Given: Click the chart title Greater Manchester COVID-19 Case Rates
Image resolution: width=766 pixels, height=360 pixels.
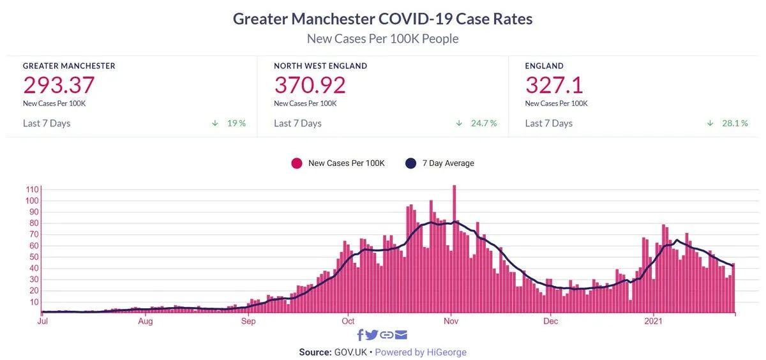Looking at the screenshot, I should click(x=382, y=19).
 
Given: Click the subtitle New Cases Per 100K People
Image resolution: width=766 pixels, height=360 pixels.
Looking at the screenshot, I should click(x=382, y=39).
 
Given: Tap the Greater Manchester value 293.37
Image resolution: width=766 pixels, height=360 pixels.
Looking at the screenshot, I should click(x=59, y=85).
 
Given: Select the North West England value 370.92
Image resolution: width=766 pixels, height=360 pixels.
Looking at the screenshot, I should click(x=310, y=85).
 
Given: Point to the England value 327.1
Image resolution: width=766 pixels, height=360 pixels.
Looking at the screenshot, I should click(x=554, y=85).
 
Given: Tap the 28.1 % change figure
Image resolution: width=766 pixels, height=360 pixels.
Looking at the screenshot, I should click(x=735, y=123).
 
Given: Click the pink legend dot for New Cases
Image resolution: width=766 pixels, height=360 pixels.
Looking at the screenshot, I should click(x=297, y=163).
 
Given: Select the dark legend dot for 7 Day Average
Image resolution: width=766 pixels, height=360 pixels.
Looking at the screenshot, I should click(x=411, y=163).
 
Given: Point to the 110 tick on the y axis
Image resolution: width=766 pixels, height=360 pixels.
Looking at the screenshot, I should click(x=31, y=190).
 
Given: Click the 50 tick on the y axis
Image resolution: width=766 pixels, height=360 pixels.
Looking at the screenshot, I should click(x=33, y=257).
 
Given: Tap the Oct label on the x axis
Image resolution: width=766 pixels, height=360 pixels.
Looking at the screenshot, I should click(x=348, y=321).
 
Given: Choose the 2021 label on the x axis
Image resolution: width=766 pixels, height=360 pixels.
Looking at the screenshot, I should click(x=653, y=321).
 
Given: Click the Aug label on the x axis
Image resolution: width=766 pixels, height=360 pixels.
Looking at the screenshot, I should click(x=146, y=321).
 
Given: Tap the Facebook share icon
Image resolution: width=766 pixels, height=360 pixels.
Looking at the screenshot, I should click(x=360, y=335).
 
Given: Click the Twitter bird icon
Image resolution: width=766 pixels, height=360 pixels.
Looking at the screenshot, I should click(x=372, y=335).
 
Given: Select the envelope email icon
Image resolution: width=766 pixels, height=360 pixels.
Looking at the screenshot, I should click(x=401, y=335).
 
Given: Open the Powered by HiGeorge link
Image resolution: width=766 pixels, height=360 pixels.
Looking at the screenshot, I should click(x=421, y=352).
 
